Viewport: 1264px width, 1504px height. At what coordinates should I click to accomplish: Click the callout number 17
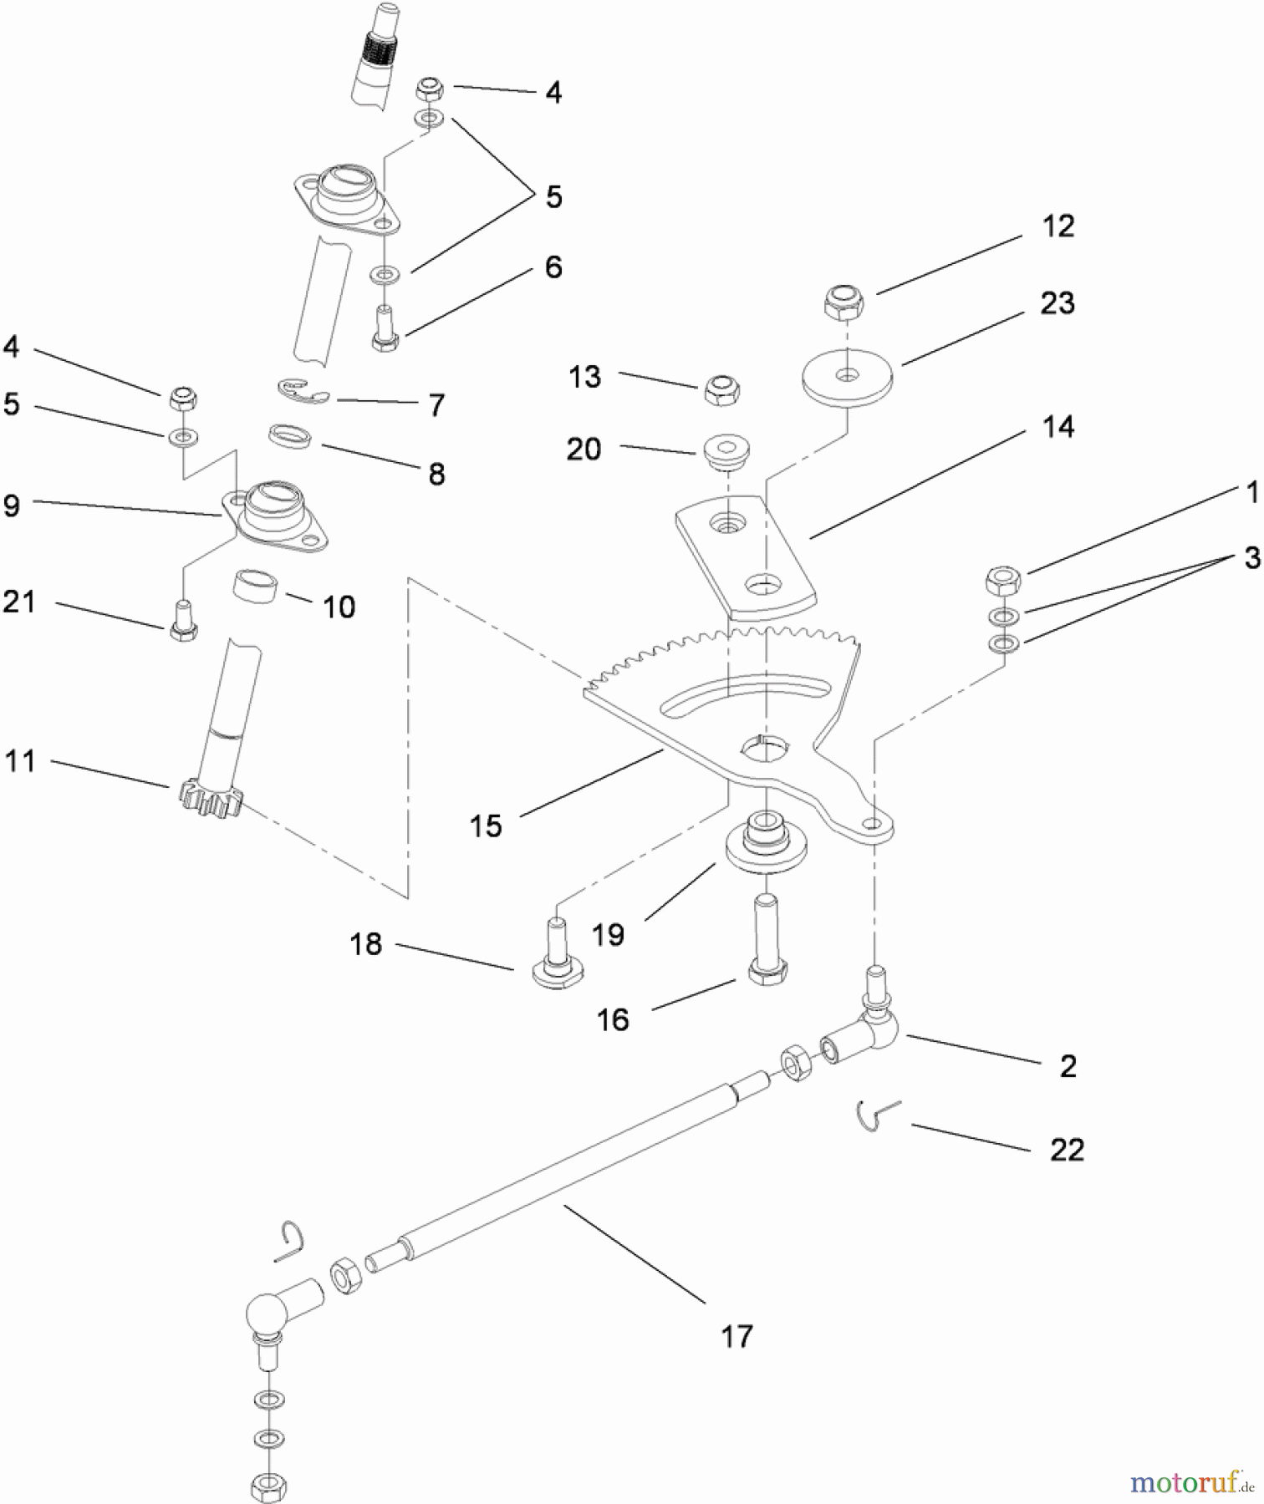(x=736, y=1336)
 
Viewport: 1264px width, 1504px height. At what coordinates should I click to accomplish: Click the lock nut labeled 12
(x=844, y=303)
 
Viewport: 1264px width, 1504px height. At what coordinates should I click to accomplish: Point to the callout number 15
(x=486, y=826)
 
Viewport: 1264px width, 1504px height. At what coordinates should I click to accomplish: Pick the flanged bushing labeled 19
(x=765, y=844)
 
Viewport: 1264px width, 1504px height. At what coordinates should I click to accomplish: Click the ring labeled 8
(x=290, y=436)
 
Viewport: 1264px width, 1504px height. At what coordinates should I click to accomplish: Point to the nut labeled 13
(x=722, y=389)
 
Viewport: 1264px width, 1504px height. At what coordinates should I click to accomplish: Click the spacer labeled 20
(x=726, y=450)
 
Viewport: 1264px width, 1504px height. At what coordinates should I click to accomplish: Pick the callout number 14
(x=1058, y=427)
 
